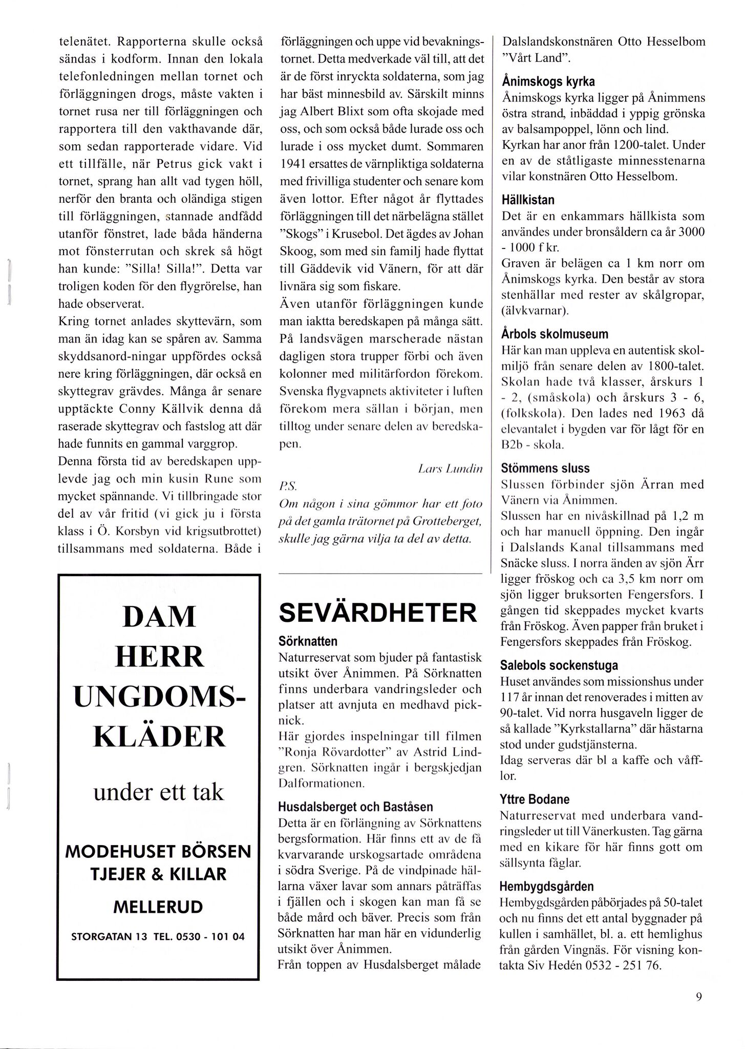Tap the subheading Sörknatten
click(308, 641)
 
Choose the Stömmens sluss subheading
click(545, 468)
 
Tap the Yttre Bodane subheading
click(535, 799)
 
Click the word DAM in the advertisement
click(159, 617)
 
